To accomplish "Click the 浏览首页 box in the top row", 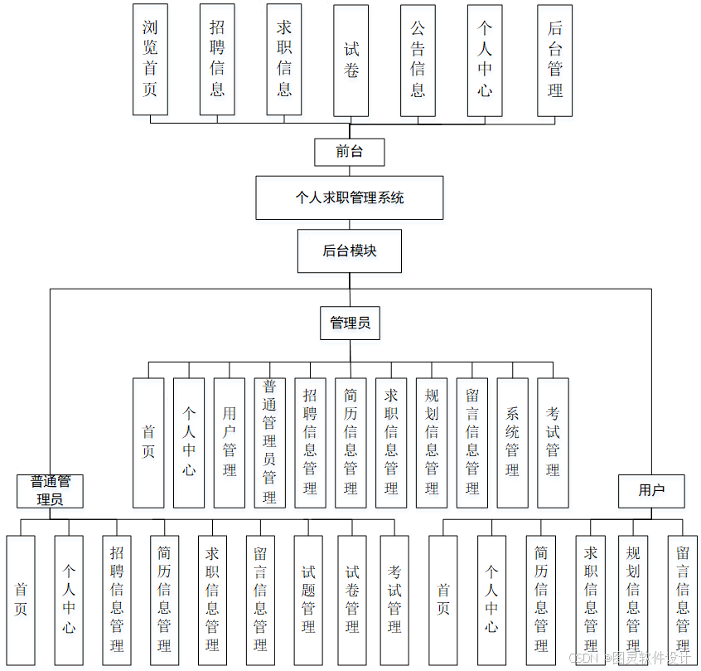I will pyautogui.click(x=150, y=59).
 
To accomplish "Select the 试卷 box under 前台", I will pyautogui.click(x=350, y=61).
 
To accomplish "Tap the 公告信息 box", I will pyautogui.click(x=418, y=60).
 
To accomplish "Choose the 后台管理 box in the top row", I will pyautogui.click(x=554, y=60).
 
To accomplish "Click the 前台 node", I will pyautogui.click(x=349, y=152).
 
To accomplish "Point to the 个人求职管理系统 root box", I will pyautogui.click(x=349, y=197).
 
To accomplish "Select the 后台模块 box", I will pyautogui.click(x=349, y=250).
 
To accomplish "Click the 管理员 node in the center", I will pyautogui.click(x=350, y=323).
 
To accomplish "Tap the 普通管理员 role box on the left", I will pyautogui.click(x=51, y=490).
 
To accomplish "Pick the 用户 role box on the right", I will pyautogui.click(x=651, y=490).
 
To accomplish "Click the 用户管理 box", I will pyautogui.click(x=230, y=442).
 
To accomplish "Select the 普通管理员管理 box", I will pyautogui.click(x=269, y=442).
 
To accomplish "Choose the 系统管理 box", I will pyautogui.click(x=512, y=442).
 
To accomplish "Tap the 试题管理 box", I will pyautogui.click(x=308, y=600).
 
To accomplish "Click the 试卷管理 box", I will pyautogui.click(x=352, y=600).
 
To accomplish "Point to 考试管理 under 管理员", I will pyautogui.click(x=553, y=442).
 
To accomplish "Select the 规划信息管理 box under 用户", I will pyautogui.click(x=633, y=600).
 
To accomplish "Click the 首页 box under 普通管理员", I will pyautogui.click(x=21, y=600).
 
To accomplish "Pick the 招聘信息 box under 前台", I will pyautogui.click(x=217, y=59).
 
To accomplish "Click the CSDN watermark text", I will pyautogui.click(x=584, y=657).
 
